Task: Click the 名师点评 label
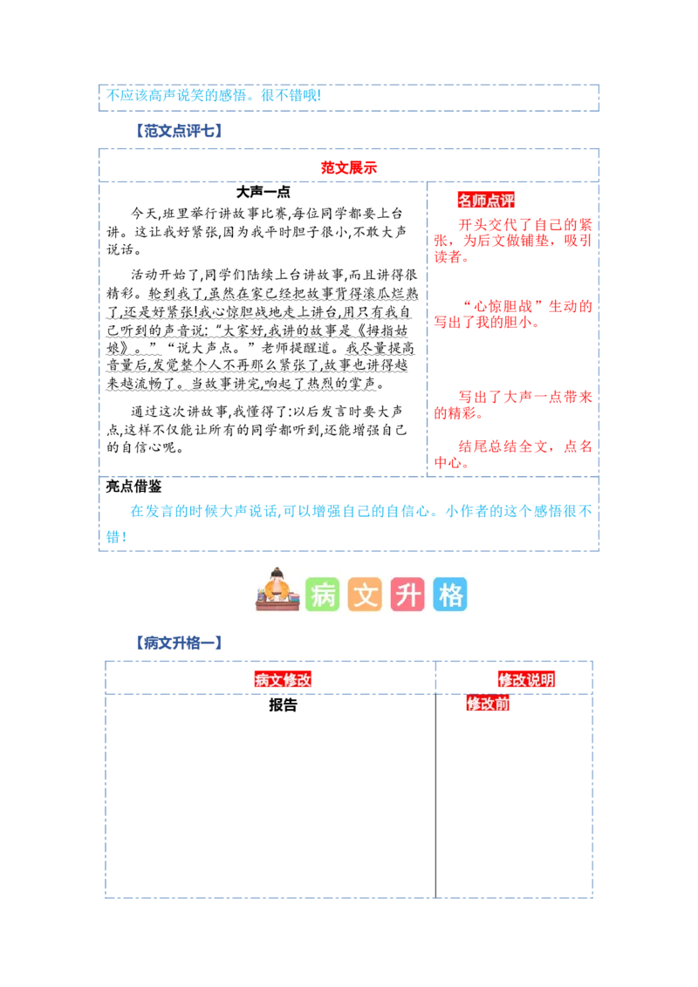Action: pyautogui.click(x=486, y=201)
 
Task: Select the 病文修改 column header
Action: pyautogui.click(x=283, y=680)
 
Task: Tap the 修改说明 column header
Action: pyautogui.click(x=526, y=680)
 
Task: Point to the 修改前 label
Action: pyautogui.click(x=488, y=704)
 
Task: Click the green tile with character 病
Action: pyautogui.click(x=322, y=595)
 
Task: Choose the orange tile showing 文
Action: pyautogui.click(x=365, y=595)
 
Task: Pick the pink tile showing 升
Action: pyautogui.click(x=407, y=595)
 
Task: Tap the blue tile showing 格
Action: pyautogui.click(x=450, y=595)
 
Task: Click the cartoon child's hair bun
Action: pyautogui.click(x=277, y=571)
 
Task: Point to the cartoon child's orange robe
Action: pyautogui.click(x=277, y=593)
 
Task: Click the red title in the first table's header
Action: pyautogui.click(x=349, y=167)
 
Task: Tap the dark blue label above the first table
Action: pyautogui.click(x=178, y=130)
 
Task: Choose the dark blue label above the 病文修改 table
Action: pyautogui.click(x=178, y=644)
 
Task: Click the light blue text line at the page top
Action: pyautogui.click(x=213, y=95)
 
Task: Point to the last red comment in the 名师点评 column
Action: pyautogui.click(x=513, y=454)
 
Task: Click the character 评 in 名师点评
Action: pyautogui.click(x=507, y=201)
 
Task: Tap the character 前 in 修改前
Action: pyautogui.click(x=502, y=704)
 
